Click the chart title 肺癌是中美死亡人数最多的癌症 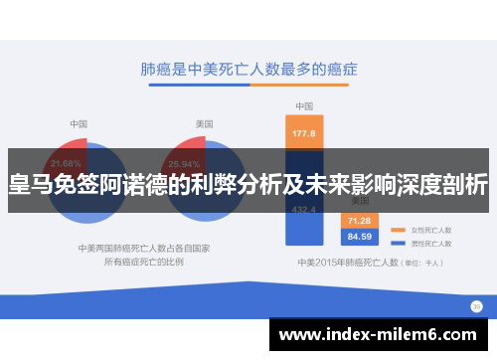pos(248,71)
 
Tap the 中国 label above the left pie pos(79,123)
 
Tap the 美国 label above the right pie pos(203,123)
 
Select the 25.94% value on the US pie pos(186,162)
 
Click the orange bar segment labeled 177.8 pos(303,133)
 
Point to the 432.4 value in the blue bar pos(303,209)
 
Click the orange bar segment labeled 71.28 pos(359,221)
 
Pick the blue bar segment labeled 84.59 pos(359,237)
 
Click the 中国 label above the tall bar pos(303,106)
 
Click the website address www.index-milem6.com pos(382,335)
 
